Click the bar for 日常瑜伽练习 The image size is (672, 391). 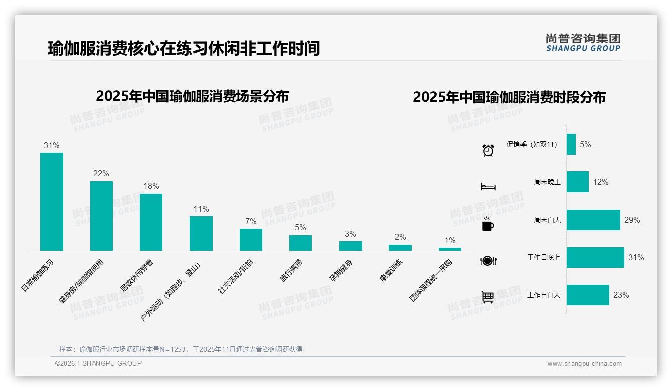(52, 202)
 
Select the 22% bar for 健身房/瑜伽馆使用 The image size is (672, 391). (101, 216)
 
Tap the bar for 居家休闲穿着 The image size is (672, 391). (151, 222)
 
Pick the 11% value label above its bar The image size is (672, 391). (201, 209)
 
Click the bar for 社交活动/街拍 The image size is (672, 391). (251, 240)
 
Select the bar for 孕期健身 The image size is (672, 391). (350, 246)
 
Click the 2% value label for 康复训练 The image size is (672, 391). (400, 237)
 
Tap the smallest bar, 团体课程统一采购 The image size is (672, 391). (450, 249)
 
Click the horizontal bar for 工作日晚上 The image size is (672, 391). (595, 257)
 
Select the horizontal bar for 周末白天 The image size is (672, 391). (593, 220)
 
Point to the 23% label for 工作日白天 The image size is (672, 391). (621, 295)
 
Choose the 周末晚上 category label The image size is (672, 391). (547, 182)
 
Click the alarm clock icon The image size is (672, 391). (488, 150)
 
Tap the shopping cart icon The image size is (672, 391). (488, 297)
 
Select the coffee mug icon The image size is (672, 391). (488, 224)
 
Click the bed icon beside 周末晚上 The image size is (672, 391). (488, 187)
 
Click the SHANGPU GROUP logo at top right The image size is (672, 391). (583, 43)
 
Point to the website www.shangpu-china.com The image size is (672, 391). (584, 364)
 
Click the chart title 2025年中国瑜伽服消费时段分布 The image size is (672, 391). (509, 97)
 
